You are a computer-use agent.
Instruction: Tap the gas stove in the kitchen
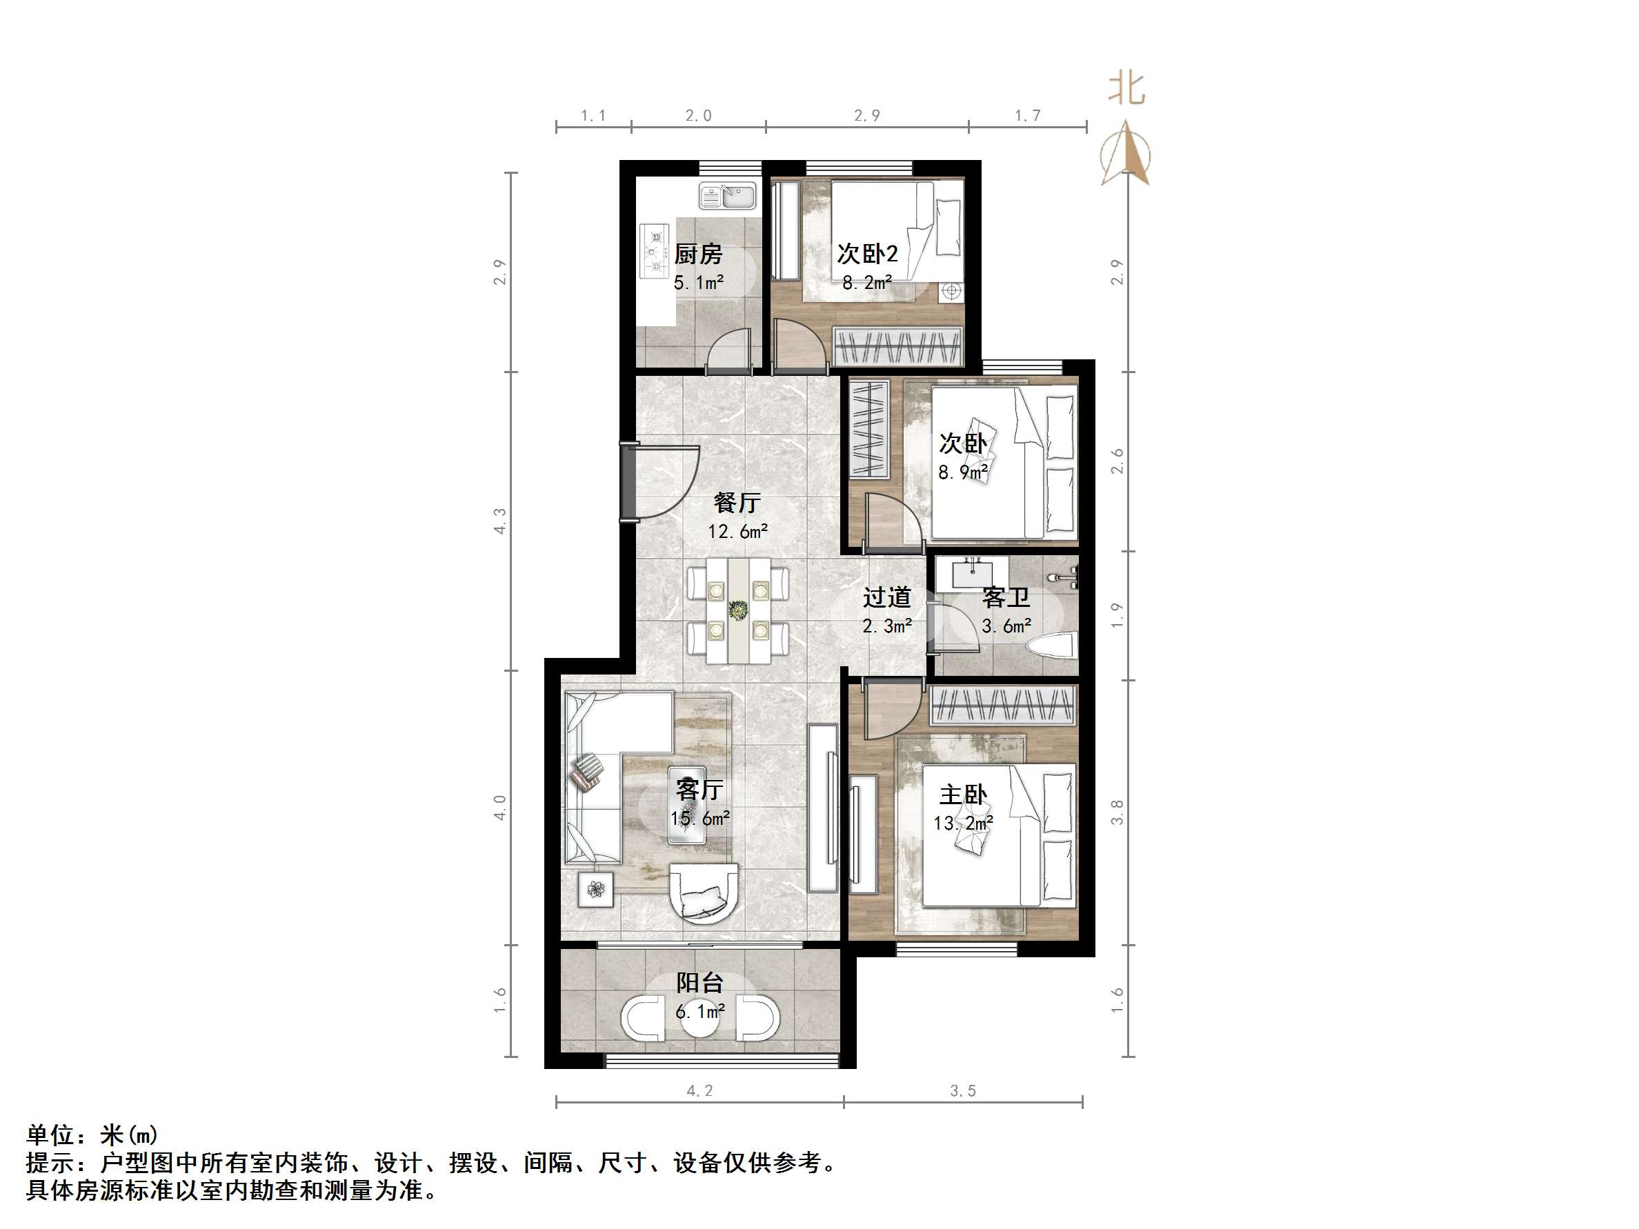(654, 250)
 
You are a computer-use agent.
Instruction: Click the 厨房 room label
(698, 254)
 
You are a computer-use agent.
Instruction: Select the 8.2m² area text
(867, 282)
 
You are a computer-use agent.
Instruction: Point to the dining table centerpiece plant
(738, 610)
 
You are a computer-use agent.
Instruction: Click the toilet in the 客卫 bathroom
(1052, 647)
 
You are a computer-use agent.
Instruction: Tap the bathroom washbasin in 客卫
(971, 572)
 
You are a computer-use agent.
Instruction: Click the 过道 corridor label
(887, 597)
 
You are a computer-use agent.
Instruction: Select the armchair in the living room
(703, 892)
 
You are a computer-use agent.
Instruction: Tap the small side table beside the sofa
(596, 889)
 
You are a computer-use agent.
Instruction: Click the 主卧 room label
(963, 795)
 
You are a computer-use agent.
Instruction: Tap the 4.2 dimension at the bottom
(699, 1090)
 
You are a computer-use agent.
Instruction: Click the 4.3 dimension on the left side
(500, 521)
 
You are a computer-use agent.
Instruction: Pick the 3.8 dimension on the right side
(1117, 812)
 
